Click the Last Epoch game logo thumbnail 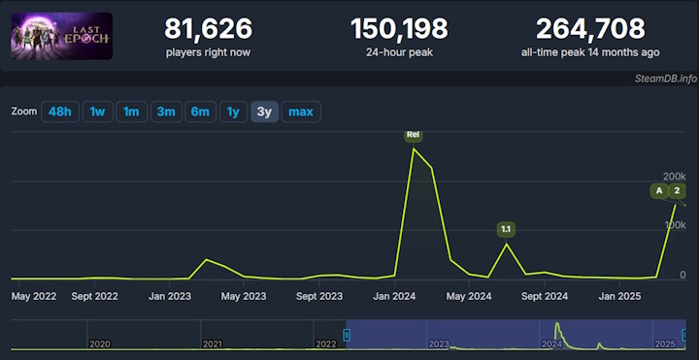point(62,36)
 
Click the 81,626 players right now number point(209,29)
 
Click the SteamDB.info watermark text point(666,78)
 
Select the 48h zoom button point(59,112)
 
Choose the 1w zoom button point(97,112)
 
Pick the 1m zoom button point(131,112)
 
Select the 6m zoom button point(200,112)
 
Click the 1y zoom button point(233,112)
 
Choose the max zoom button point(301,112)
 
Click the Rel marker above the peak point(414,135)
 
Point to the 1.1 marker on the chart point(505,230)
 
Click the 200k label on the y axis point(674,176)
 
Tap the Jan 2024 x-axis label point(395,296)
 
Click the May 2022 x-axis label point(35,296)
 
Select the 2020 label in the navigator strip point(99,344)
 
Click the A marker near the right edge point(659,190)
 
